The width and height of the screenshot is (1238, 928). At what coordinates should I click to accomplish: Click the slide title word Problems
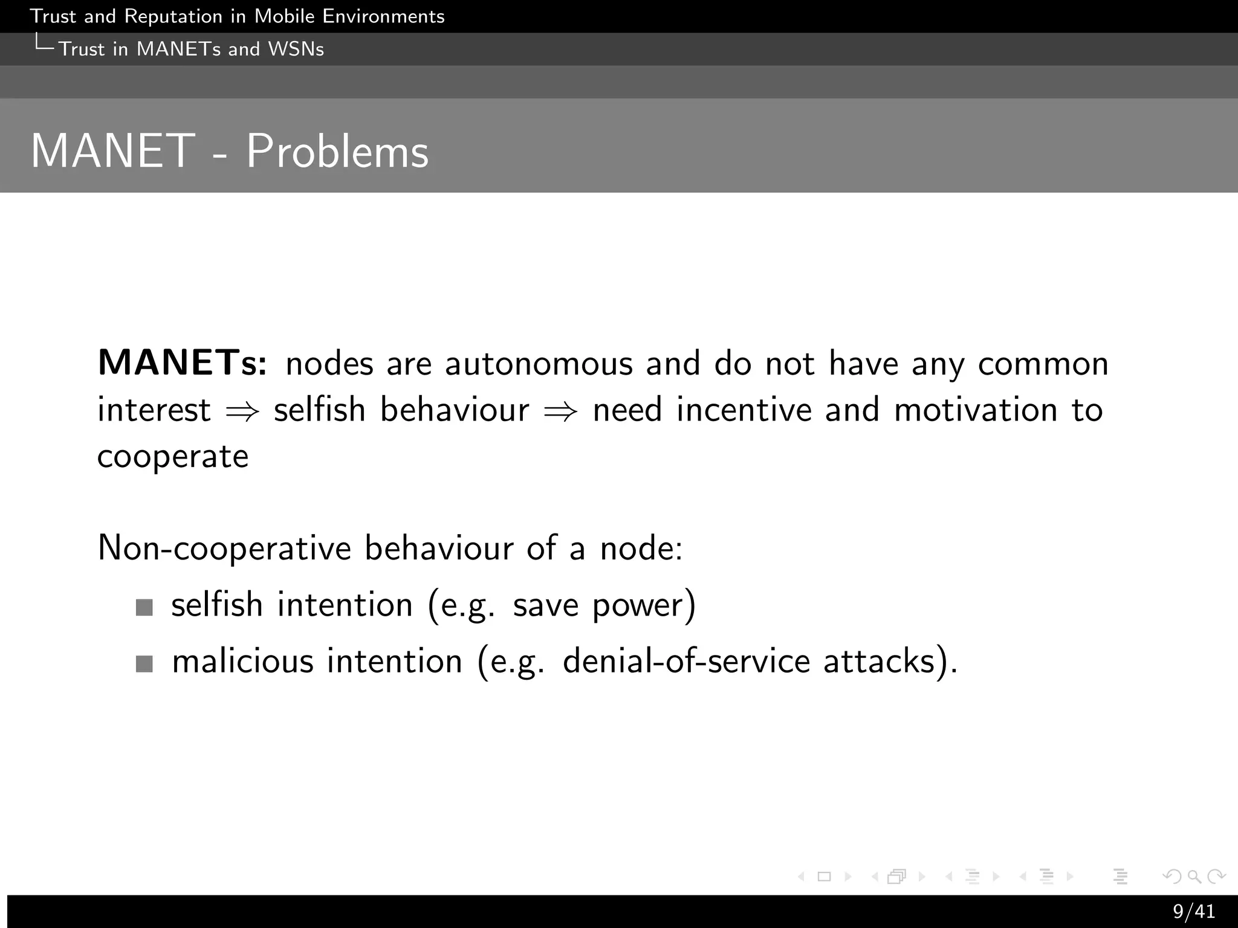click(x=337, y=151)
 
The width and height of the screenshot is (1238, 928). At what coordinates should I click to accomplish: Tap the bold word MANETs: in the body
click(x=182, y=363)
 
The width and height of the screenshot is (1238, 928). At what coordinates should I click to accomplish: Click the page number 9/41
click(x=1194, y=911)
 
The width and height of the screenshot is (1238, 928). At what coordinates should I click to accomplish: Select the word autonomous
click(x=539, y=364)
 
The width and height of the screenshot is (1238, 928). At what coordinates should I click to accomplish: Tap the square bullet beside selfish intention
click(x=144, y=607)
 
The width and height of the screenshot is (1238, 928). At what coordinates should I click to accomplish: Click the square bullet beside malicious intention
click(x=144, y=664)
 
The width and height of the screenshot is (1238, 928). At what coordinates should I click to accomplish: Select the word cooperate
click(x=173, y=457)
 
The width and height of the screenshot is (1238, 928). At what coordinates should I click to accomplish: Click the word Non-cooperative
click(x=224, y=549)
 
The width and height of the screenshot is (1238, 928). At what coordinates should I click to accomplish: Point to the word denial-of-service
click(x=686, y=661)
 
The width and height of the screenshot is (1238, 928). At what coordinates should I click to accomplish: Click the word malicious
click(x=242, y=661)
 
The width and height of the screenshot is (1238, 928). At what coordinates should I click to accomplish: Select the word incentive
click(x=744, y=410)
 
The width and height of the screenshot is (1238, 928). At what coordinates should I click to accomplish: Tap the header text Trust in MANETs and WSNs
click(x=191, y=49)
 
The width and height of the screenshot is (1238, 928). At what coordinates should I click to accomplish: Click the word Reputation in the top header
click(x=173, y=16)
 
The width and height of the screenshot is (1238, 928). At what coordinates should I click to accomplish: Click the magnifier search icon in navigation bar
click(x=1194, y=876)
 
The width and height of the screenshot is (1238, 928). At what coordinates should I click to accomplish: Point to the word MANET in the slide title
click(x=113, y=151)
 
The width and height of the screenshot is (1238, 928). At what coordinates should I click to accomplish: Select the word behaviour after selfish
click(x=455, y=410)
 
